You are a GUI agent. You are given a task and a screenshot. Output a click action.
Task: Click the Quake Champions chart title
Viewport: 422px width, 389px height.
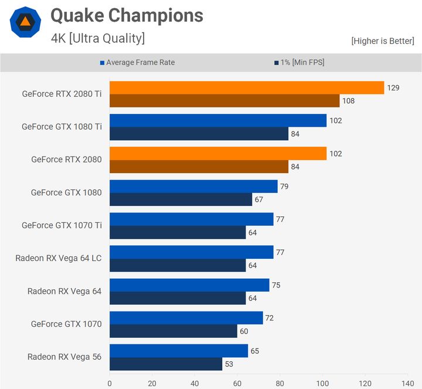[x=127, y=15]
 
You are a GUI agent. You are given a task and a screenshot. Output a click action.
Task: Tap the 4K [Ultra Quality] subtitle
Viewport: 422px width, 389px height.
[x=98, y=39]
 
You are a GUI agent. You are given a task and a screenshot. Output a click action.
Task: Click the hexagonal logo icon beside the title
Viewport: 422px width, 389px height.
[x=25, y=22]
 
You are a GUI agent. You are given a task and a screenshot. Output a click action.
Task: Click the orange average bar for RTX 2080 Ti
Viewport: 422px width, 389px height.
[x=246, y=87]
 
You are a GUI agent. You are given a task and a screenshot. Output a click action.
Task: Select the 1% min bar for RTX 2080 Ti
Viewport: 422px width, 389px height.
[x=224, y=100]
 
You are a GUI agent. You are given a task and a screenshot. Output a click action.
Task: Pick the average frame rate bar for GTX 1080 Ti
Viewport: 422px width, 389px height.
[x=218, y=120]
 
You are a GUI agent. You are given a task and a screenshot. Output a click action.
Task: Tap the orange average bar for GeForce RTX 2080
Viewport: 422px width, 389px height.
[x=218, y=153]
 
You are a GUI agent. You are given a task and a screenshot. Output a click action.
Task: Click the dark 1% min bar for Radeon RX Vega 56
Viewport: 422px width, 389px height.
[x=166, y=364]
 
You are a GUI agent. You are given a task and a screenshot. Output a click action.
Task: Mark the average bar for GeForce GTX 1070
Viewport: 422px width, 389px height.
[x=186, y=317]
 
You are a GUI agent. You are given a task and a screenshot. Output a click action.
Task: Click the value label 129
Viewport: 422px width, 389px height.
[x=393, y=87]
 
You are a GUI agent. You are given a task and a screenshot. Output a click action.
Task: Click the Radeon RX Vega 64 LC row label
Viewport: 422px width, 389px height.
[x=59, y=258]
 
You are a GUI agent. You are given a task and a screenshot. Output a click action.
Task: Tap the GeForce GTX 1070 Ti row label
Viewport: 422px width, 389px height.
[x=62, y=225]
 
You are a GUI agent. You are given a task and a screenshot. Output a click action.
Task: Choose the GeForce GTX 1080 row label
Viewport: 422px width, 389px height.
[x=66, y=192]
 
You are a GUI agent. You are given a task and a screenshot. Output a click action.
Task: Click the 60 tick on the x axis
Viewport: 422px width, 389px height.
[x=237, y=383]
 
